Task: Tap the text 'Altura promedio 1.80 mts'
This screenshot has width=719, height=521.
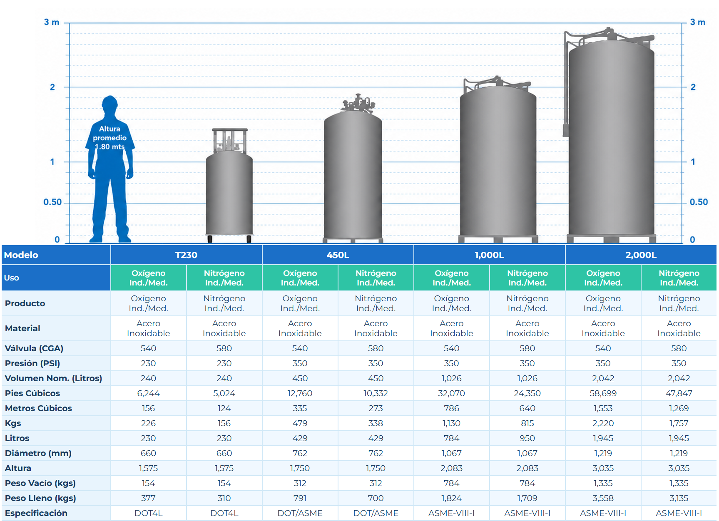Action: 109,138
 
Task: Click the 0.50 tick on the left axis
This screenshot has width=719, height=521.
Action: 52,202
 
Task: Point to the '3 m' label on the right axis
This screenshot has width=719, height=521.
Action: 698,22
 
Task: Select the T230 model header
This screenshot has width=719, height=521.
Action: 186,255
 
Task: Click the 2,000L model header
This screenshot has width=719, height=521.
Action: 641,255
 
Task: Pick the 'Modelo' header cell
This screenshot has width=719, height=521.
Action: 21,255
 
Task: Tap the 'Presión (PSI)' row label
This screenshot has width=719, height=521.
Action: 32,363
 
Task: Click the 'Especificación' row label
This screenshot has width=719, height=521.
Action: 36,513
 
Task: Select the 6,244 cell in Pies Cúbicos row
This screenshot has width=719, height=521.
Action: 148,393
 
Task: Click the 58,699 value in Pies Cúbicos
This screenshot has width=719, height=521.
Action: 603,393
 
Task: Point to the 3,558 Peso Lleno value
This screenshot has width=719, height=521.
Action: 603,498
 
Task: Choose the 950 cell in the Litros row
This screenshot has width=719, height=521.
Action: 527,438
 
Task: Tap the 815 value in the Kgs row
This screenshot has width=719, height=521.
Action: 527,423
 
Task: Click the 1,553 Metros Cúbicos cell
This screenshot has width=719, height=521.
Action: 603,408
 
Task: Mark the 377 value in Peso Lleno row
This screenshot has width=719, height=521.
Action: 148,498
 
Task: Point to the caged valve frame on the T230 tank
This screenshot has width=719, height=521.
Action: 229,140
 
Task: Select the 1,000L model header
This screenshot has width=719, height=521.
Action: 489,255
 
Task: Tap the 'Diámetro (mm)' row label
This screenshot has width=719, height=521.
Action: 38,453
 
